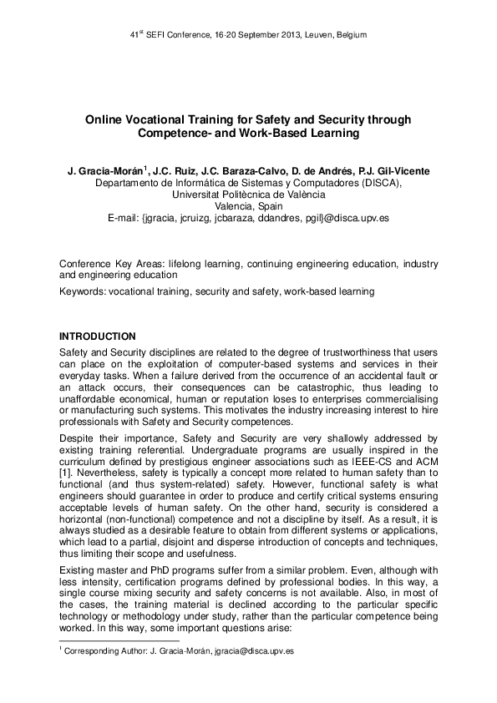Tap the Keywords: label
pyautogui.click(x=84, y=291)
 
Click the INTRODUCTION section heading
pyautogui.click(x=97, y=336)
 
